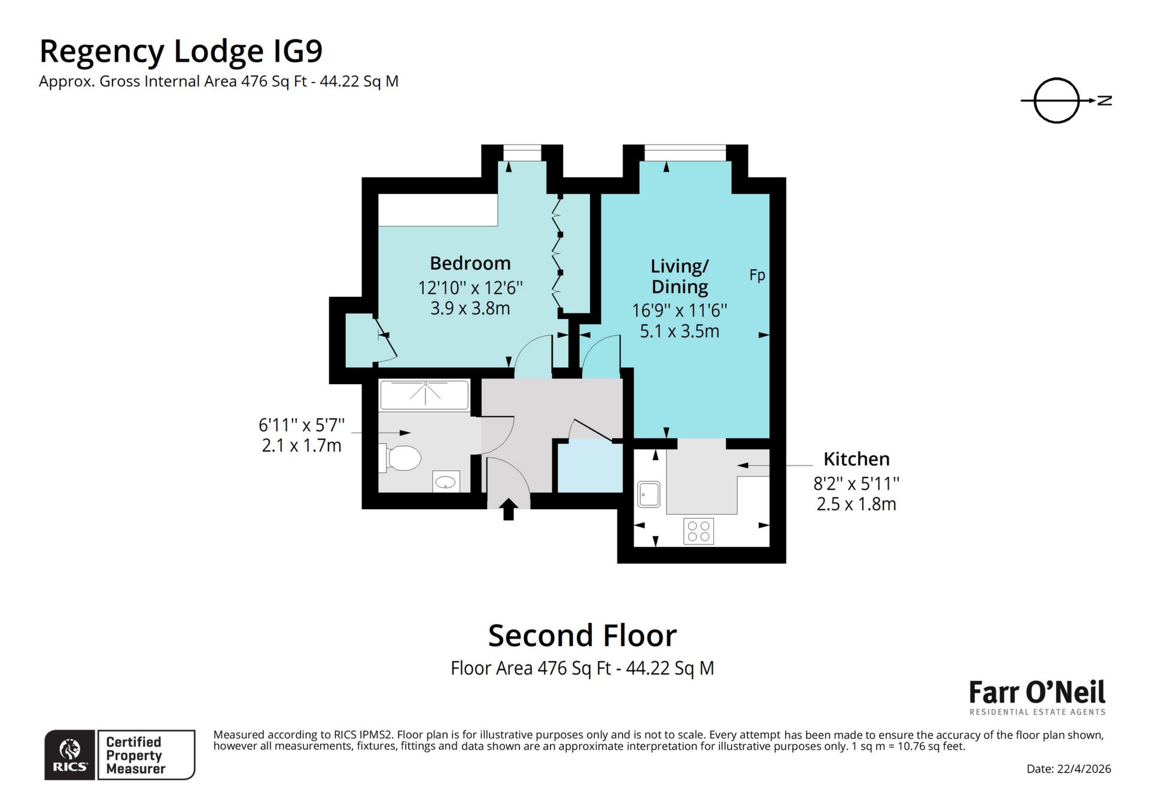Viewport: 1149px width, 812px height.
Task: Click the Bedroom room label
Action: pos(470,263)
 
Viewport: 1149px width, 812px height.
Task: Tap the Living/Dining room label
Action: pos(679,276)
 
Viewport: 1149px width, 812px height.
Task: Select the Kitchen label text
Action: pos(856,459)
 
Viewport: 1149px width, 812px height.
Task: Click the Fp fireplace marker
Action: pos(757,275)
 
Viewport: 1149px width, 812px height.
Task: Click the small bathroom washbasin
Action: pos(446,481)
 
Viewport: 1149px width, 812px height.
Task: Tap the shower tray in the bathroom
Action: pos(424,395)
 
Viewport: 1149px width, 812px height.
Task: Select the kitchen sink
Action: pos(649,494)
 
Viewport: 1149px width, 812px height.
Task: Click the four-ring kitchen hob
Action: pos(698,531)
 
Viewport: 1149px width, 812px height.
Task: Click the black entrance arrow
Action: pos(508,509)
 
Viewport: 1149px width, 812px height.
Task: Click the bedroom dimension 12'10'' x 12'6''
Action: pos(470,288)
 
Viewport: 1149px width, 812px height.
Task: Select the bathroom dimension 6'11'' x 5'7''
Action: pos(301,425)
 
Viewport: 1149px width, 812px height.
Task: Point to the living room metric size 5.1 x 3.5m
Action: pos(679,332)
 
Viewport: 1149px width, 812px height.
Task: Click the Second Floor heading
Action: pos(582,635)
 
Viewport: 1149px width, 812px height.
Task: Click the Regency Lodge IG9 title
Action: pos(181,51)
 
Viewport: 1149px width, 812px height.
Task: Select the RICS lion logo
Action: pos(70,754)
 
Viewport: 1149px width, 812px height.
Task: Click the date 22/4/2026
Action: pos(1068,769)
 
